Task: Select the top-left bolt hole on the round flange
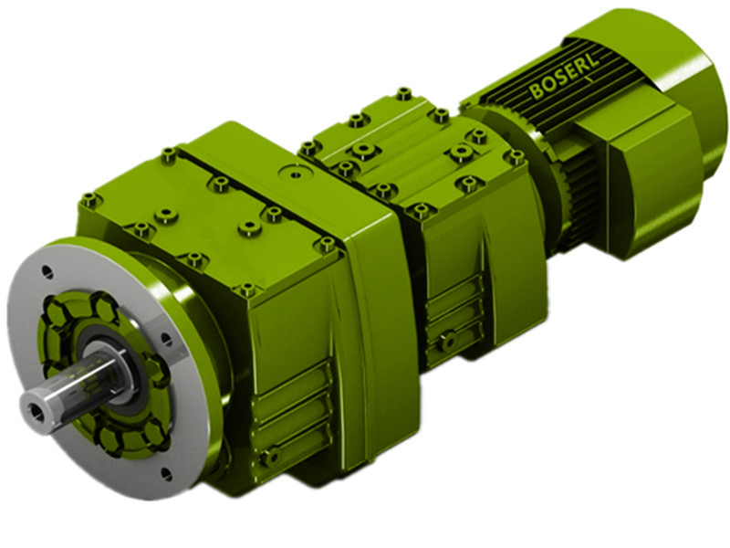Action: point(47,271)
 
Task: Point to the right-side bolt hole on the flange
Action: point(166,340)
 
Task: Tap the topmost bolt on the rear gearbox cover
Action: point(403,93)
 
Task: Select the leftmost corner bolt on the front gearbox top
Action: point(89,199)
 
